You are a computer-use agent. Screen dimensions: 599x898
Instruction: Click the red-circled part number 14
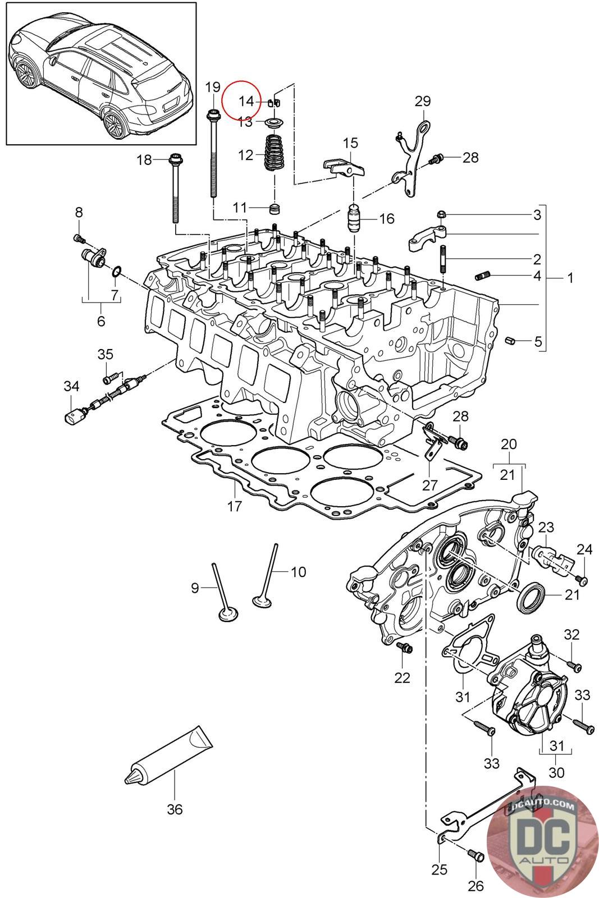pyautogui.click(x=246, y=102)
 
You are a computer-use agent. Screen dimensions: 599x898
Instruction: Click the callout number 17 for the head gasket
pyautogui.click(x=235, y=506)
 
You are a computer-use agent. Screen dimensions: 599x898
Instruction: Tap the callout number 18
pyautogui.click(x=144, y=160)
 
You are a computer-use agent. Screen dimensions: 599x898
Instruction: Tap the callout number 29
pyautogui.click(x=422, y=101)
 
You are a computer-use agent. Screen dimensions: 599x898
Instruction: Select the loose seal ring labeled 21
pyautogui.click(x=532, y=598)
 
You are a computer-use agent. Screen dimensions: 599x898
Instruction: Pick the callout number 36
pyautogui.click(x=175, y=809)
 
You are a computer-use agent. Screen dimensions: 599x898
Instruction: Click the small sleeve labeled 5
pyautogui.click(x=510, y=340)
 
